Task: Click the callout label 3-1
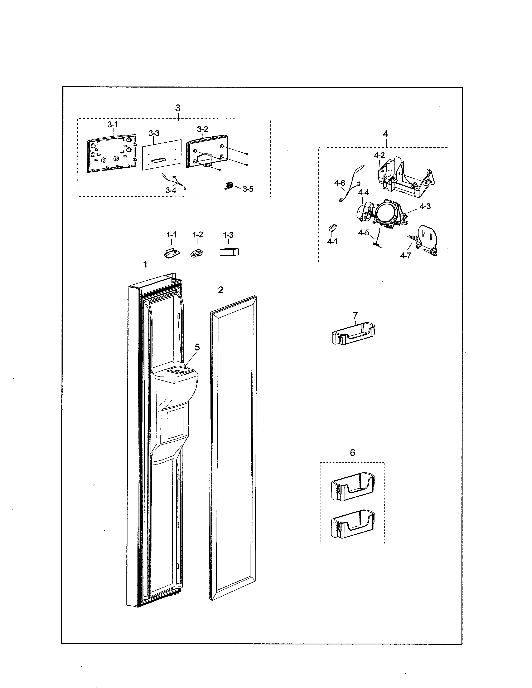112,124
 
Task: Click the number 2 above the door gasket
220,290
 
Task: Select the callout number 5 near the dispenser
197,347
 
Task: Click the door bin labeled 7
354,334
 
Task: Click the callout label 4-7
405,255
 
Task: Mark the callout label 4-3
425,206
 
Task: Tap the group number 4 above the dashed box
385,134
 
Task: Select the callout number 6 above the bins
352,453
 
